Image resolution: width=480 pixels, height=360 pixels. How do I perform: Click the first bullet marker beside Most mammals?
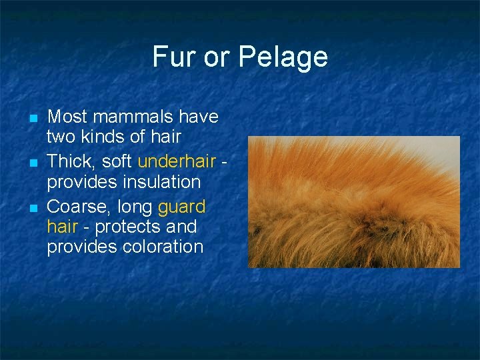pyautogui.click(x=32, y=118)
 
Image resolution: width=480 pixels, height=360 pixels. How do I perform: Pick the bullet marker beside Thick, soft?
pyautogui.click(x=32, y=163)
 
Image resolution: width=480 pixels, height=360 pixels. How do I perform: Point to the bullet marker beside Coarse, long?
pyautogui.click(x=32, y=207)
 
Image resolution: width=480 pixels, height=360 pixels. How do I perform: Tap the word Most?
pyautogui.click(x=68, y=117)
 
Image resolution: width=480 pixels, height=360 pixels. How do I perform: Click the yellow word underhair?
pyautogui.click(x=177, y=161)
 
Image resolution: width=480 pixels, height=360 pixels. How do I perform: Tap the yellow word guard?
pyautogui.click(x=181, y=206)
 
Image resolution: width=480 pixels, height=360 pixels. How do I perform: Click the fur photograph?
pyautogui.click(x=353, y=202)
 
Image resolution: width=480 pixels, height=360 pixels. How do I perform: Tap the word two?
pyautogui.click(x=61, y=137)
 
